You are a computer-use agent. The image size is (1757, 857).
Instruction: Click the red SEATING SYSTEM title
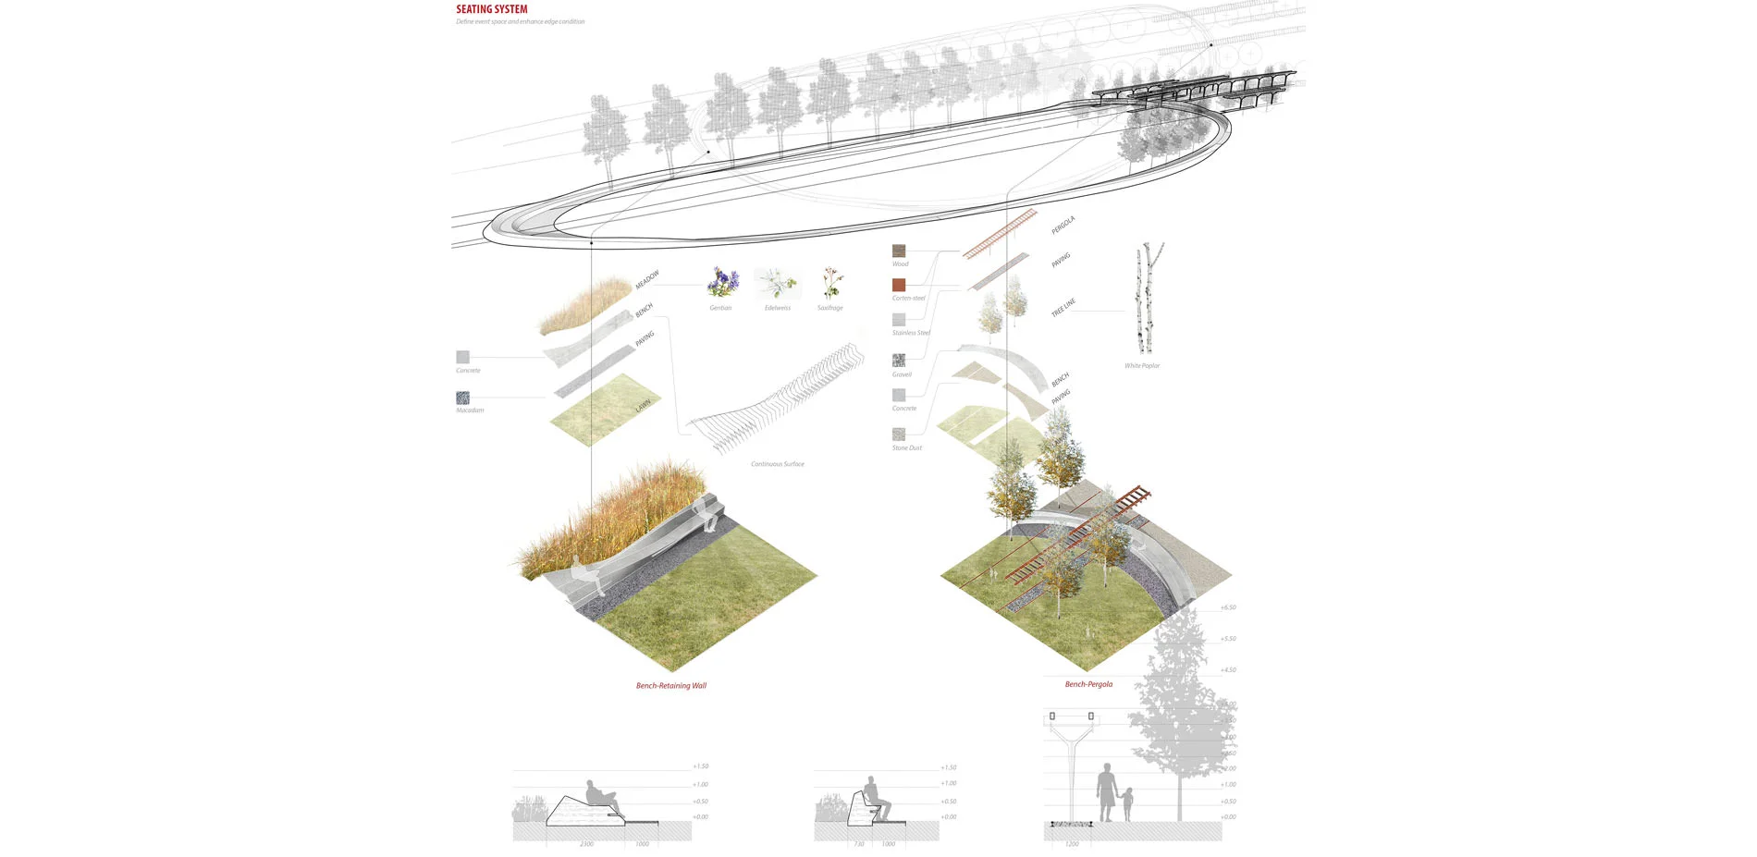[x=491, y=9]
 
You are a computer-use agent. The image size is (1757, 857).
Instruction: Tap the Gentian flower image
[x=723, y=282]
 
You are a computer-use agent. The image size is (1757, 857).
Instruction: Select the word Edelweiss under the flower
[x=777, y=308]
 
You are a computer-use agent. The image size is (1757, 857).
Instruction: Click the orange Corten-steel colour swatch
[x=899, y=285]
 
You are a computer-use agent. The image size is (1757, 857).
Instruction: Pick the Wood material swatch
[x=899, y=251]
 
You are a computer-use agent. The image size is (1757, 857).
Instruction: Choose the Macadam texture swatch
[x=462, y=398]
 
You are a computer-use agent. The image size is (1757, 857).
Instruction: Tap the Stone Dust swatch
[x=899, y=434]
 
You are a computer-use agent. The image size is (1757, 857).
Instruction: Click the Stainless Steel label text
[x=911, y=333]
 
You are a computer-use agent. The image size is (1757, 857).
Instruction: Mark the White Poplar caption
[x=1142, y=366]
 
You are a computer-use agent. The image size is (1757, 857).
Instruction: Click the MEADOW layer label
[x=647, y=279]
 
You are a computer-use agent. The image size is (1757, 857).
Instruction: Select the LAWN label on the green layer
[x=643, y=406]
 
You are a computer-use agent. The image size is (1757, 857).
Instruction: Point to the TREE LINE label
[x=1063, y=308]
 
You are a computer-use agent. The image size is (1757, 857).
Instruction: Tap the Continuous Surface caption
[x=777, y=464]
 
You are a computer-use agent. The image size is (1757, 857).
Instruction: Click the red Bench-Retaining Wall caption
[x=670, y=686]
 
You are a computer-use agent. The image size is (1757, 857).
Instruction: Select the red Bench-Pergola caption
[x=1088, y=685]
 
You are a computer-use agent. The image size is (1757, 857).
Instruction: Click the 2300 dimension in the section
[x=586, y=844]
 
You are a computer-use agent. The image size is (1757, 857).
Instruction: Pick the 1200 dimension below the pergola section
[x=1072, y=844]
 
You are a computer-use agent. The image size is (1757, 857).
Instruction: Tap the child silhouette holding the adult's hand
[x=1128, y=804]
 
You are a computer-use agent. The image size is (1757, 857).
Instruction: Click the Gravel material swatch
[x=899, y=360]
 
